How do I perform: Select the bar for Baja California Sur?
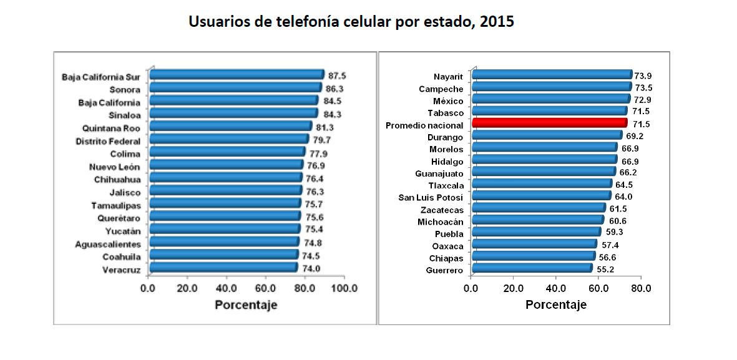(x=236, y=75)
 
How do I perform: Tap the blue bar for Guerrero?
(x=532, y=268)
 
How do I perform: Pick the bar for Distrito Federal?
(x=228, y=139)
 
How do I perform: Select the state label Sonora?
(x=125, y=90)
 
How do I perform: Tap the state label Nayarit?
(x=448, y=76)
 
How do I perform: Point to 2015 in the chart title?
(x=497, y=22)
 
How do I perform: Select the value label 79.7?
(x=322, y=140)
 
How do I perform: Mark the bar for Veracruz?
(x=223, y=268)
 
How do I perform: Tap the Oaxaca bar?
(x=534, y=244)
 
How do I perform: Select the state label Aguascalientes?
(x=107, y=244)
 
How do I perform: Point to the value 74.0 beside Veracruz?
(x=311, y=269)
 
